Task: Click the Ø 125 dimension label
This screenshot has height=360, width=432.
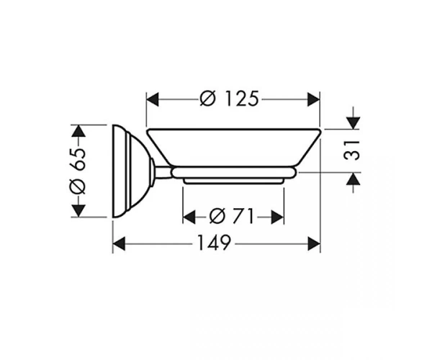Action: pyautogui.click(x=230, y=99)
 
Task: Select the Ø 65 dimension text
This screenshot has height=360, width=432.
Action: pyautogui.click(x=78, y=171)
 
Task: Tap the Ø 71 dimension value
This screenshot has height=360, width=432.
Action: pyautogui.click(x=231, y=216)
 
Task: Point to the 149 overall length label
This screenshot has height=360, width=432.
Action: pyautogui.click(x=214, y=243)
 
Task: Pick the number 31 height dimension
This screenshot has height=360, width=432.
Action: pyautogui.click(x=352, y=150)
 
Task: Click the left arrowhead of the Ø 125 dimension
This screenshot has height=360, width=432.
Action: pyautogui.click(x=153, y=99)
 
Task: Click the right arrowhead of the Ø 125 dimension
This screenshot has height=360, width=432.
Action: pyautogui.click(x=313, y=99)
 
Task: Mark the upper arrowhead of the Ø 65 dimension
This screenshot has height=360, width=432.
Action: pyautogui.click(x=78, y=131)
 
